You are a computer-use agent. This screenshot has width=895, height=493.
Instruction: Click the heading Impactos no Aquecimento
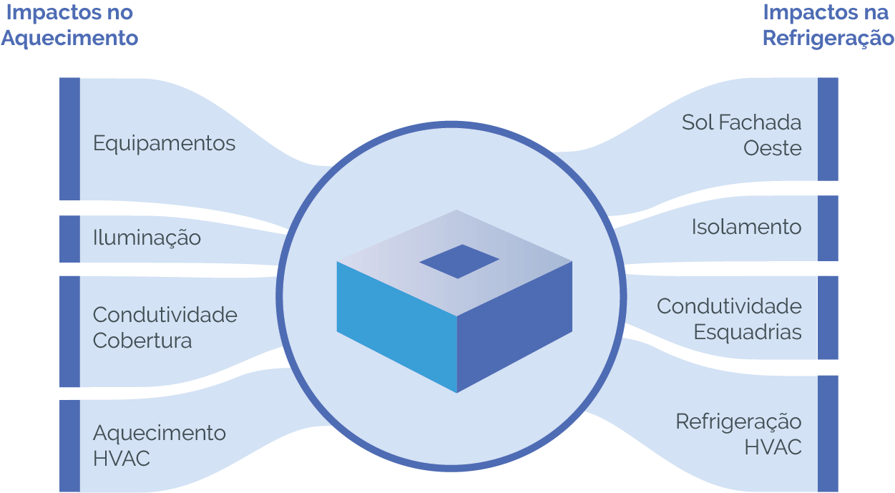69,25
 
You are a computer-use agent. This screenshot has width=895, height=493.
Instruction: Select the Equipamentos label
164,143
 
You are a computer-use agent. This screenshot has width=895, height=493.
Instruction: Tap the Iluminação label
147,238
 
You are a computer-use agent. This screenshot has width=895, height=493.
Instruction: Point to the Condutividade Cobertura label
165,328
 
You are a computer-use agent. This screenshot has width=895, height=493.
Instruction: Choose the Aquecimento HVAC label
159,445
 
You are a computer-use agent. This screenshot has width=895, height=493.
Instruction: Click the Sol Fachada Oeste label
741,135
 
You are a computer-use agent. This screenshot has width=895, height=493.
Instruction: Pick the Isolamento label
746,228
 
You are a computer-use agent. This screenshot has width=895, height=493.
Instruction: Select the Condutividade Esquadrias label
729,319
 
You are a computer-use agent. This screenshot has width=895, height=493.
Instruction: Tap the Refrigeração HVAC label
738,434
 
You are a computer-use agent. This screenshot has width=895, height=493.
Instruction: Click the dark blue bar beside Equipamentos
69,138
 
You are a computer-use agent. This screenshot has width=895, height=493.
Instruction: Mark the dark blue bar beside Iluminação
69,239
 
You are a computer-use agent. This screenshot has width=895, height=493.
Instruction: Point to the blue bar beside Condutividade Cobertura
69,331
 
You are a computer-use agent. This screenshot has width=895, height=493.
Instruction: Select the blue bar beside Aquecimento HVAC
69,446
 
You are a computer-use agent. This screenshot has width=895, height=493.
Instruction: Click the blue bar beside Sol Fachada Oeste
828,129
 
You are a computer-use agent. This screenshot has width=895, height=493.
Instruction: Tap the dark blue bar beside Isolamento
828,228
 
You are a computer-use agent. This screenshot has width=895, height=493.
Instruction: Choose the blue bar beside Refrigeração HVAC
828,434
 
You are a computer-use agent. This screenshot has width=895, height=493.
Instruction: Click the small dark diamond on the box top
459,261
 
